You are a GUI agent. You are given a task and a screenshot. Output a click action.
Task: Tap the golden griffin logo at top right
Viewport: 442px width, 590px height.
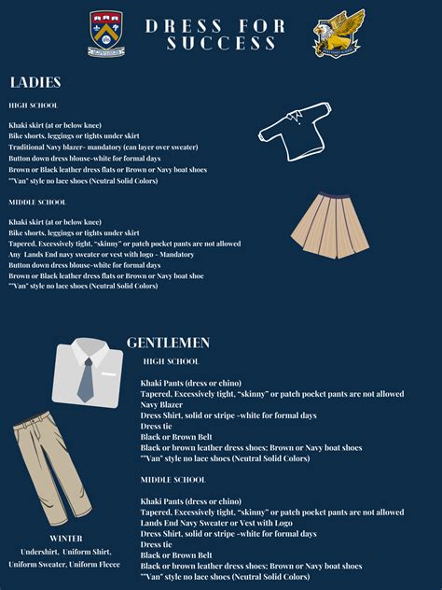pyautogui.click(x=338, y=34)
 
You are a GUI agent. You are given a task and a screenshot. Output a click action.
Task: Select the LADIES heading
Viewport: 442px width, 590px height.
pyautogui.click(x=35, y=82)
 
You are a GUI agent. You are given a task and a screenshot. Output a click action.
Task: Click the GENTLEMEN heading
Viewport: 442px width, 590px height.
pyautogui.click(x=169, y=343)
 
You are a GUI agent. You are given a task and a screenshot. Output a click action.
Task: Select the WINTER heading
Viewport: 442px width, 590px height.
pyautogui.click(x=65, y=539)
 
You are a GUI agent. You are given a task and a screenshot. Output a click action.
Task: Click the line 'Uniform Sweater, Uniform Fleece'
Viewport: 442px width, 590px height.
pyautogui.click(x=65, y=564)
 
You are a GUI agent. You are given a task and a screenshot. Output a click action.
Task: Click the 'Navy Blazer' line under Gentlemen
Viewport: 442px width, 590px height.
pyautogui.click(x=161, y=404)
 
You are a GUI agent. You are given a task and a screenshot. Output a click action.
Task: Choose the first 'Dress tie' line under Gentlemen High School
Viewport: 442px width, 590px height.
pyautogui.click(x=157, y=426)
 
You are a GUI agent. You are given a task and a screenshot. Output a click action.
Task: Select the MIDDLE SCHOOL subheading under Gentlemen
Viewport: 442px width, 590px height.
pyautogui.click(x=173, y=479)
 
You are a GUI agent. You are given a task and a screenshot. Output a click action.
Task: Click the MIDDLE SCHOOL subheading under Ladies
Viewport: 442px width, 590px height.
pyautogui.click(x=37, y=202)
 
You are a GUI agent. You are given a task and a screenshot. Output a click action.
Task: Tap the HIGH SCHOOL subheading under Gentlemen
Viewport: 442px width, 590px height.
pyautogui.click(x=171, y=361)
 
